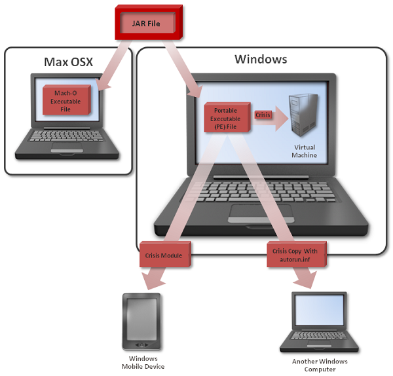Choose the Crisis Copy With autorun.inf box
297,254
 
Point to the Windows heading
261,60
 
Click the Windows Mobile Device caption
143,362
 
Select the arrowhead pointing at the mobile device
151,282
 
